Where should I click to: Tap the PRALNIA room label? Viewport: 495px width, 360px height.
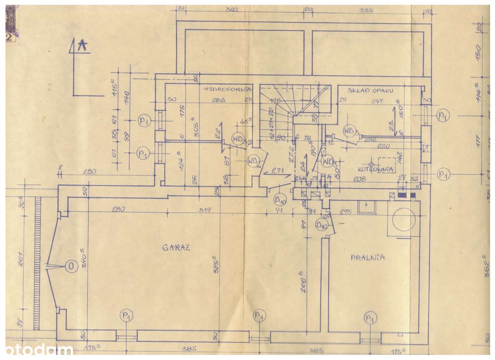tap(368, 257)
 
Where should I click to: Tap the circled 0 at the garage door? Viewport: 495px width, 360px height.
tap(71, 266)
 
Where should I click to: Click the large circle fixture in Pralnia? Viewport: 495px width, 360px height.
tap(404, 220)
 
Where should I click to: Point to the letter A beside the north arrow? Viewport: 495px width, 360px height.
tap(82, 46)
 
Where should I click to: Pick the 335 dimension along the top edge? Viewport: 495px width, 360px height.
tap(366, 10)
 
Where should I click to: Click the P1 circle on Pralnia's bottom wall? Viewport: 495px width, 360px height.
tap(370, 318)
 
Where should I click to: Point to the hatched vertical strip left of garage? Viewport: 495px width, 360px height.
tap(37, 263)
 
